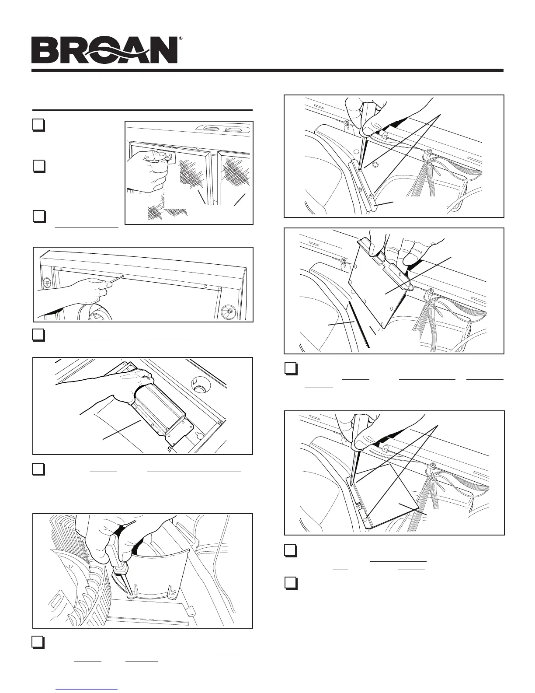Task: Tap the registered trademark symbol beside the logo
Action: coord(181,39)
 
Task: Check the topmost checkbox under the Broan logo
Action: coord(38,125)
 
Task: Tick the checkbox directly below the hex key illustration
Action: coord(38,335)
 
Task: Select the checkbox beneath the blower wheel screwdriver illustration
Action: coord(38,641)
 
